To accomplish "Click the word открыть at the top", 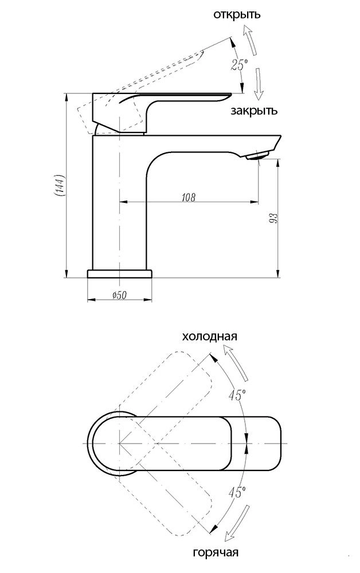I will [237, 14].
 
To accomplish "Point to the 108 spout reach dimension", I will [188, 197].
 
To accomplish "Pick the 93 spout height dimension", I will [273, 218].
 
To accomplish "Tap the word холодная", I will [209, 336].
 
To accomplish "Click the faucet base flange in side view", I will [120, 273].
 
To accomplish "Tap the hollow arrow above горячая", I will [237, 523].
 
